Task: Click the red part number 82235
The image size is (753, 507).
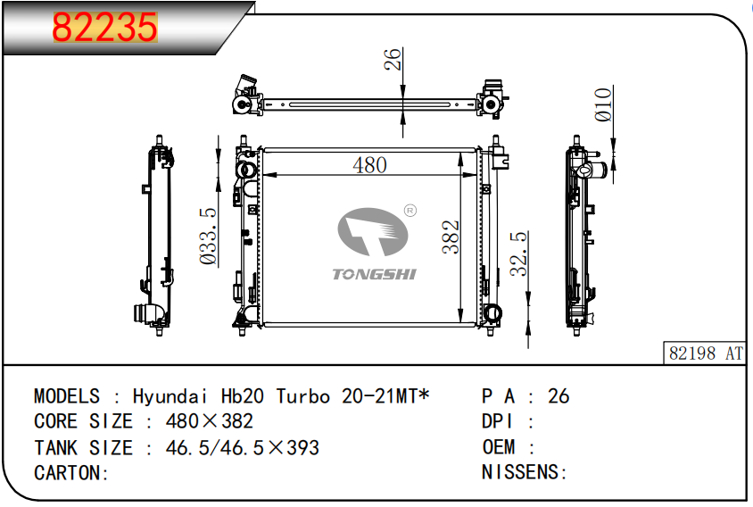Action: point(104,27)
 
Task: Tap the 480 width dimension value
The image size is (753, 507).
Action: point(369,165)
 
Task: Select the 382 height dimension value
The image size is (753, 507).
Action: point(451,237)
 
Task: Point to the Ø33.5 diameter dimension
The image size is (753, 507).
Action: point(208,236)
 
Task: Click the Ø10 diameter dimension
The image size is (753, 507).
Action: point(604,104)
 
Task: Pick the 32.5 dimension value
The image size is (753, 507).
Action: point(518,253)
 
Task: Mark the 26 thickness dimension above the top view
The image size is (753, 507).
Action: point(393,59)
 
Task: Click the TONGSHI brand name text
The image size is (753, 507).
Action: point(375,274)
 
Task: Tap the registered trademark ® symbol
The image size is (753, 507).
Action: point(410,211)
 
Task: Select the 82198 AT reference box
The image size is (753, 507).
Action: point(705,353)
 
